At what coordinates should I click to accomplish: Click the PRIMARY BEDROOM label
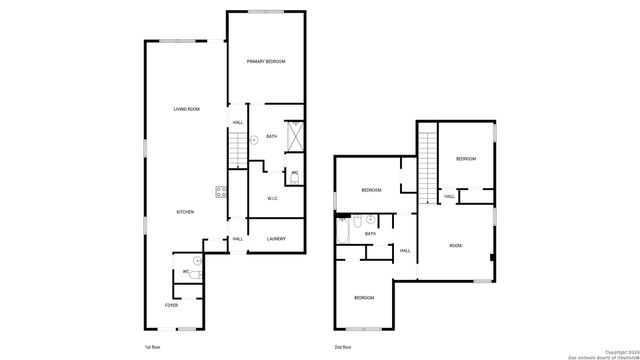[x=266, y=62]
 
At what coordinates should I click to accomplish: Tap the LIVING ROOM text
[x=187, y=109]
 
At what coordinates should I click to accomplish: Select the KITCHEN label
[x=185, y=212]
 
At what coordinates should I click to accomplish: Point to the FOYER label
[x=172, y=305]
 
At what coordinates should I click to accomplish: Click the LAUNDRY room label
[x=277, y=239]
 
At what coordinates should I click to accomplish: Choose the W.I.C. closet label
[x=273, y=198]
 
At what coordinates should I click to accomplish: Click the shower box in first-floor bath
[x=296, y=135]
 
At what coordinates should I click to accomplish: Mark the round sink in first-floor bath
[x=254, y=140]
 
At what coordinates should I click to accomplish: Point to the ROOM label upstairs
[x=455, y=245]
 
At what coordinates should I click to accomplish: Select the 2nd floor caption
[x=342, y=347]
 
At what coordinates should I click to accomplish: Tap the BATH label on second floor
[x=370, y=233]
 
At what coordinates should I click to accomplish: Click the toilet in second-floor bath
[x=370, y=219]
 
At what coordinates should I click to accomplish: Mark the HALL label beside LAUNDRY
[x=238, y=239]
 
